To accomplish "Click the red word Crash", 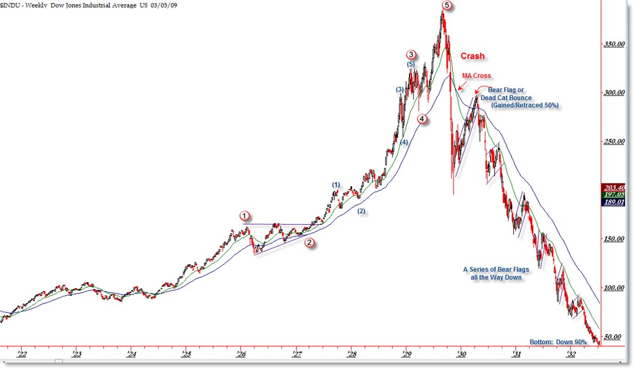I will (x=472, y=56).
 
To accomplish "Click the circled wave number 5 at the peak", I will (x=447, y=5).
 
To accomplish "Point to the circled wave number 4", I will (x=422, y=119).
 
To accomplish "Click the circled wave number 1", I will (x=245, y=216).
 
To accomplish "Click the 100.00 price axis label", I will (x=613, y=288).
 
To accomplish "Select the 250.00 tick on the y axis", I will (x=613, y=141).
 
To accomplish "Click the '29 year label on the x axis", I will (x=406, y=354).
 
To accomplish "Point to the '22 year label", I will (x=22, y=354).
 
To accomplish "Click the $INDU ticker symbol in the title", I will (x=10, y=5).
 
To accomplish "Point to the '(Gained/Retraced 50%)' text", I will (x=521, y=105).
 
